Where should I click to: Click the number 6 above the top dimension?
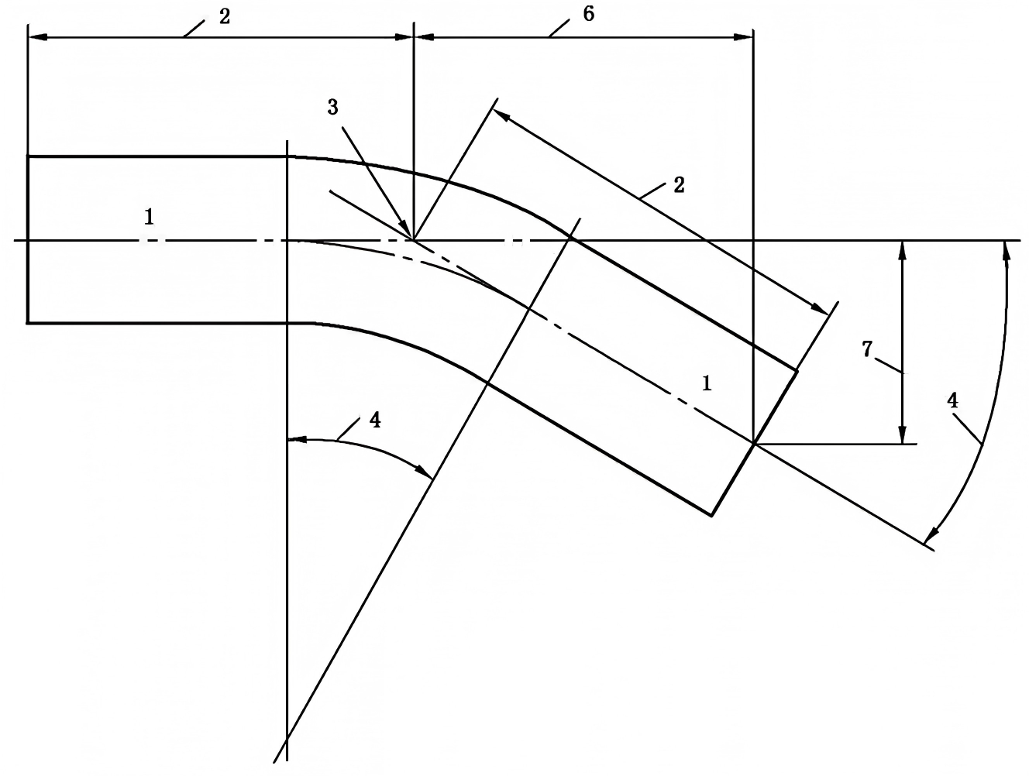(x=588, y=15)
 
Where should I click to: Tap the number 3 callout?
(x=332, y=108)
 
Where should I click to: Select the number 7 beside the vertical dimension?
(x=867, y=349)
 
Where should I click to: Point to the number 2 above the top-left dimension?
(x=225, y=17)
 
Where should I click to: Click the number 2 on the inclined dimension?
(x=679, y=185)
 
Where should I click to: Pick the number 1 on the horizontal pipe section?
(x=149, y=217)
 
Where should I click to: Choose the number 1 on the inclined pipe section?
(x=707, y=384)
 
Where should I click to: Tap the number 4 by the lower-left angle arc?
(x=375, y=421)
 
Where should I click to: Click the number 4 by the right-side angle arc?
(x=952, y=401)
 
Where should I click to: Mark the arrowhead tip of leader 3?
(x=412, y=239)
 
